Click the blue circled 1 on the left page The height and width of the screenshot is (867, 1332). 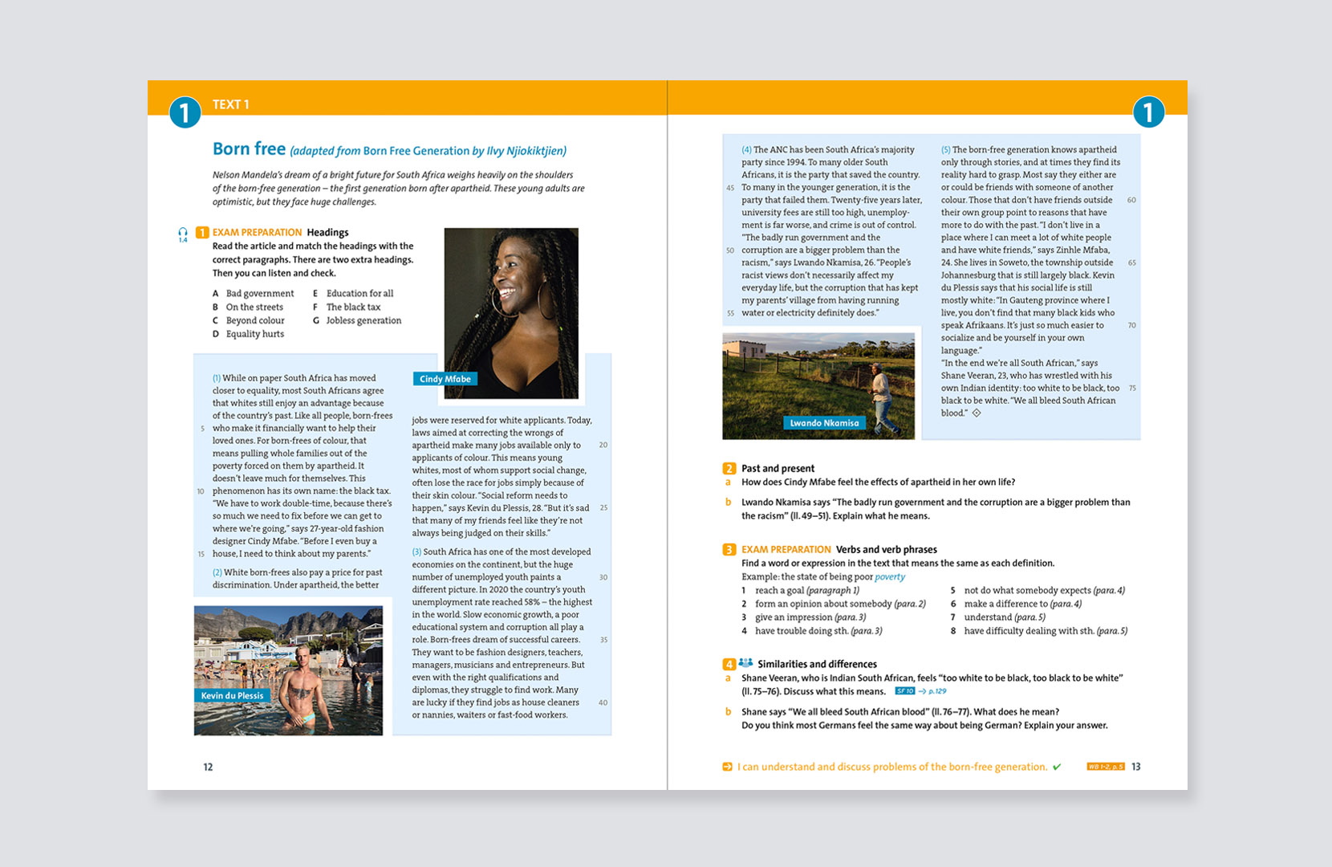[x=185, y=112]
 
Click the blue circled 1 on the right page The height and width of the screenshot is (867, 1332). [x=1148, y=112]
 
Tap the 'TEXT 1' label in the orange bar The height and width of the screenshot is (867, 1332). [x=231, y=104]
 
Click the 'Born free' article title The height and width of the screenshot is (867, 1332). [x=249, y=149]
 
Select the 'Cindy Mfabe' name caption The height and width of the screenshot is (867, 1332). [x=445, y=379]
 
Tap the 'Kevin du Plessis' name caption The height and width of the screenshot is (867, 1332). [x=232, y=696]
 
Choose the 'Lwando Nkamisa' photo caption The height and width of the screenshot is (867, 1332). [x=824, y=423]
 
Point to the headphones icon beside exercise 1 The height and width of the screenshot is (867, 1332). [x=183, y=234]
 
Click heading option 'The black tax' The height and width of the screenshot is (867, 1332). [x=353, y=307]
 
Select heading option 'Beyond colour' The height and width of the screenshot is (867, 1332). [x=255, y=320]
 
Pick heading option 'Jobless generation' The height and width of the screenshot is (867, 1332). [x=363, y=320]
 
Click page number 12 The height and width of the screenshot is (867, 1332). [x=208, y=767]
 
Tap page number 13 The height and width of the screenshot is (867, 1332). [x=1135, y=767]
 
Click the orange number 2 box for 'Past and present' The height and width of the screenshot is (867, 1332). [x=729, y=469]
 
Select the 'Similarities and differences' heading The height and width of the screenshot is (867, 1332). [x=817, y=664]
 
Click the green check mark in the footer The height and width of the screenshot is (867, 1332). [x=1057, y=767]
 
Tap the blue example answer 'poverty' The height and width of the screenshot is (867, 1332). [x=890, y=576]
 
